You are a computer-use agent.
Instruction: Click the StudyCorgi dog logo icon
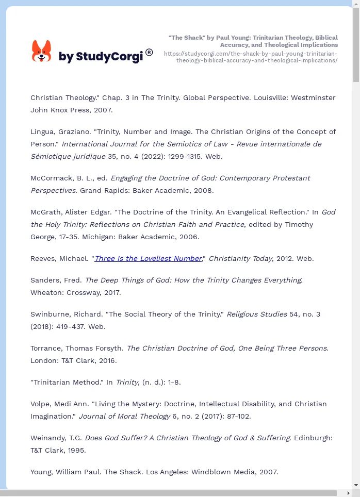click(x=42, y=52)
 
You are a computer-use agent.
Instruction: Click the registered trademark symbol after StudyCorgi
click(x=149, y=52)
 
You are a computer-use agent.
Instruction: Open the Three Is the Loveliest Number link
click(x=148, y=258)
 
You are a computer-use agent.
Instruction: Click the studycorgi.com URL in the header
click(x=251, y=57)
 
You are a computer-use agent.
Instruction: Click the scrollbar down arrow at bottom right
click(x=356, y=485)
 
